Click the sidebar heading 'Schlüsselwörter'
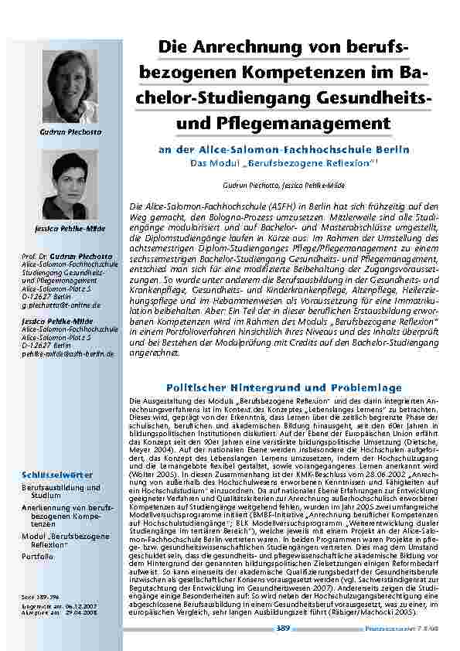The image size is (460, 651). click(57, 472)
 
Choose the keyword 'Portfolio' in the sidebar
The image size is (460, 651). click(38, 556)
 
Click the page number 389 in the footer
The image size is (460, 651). click(283, 629)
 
